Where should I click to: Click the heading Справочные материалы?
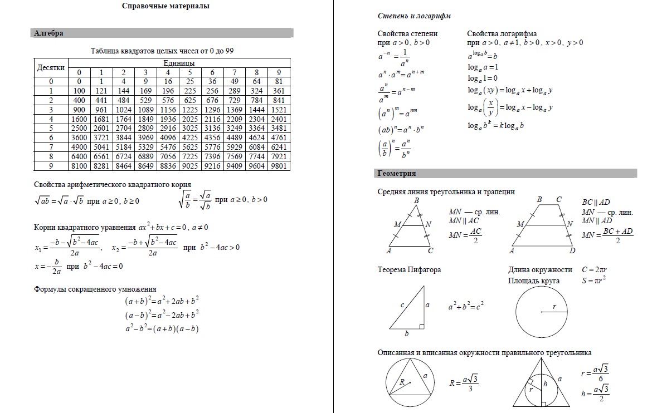(166, 7)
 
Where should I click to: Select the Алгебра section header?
(49, 33)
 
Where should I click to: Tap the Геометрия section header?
(397, 174)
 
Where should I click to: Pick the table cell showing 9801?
(279, 166)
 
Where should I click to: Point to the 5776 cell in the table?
(212, 147)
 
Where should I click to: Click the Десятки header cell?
(51, 67)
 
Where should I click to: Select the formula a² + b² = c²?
(466, 306)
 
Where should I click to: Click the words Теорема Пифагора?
(409, 270)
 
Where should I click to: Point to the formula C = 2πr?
(594, 270)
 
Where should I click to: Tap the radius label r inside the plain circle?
(554, 306)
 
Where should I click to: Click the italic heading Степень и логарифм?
(414, 16)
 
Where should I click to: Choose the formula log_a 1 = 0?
(483, 78)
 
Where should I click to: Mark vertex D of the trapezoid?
(572, 251)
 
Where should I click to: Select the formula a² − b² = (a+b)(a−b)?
(162, 328)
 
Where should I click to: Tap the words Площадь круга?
(534, 281)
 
